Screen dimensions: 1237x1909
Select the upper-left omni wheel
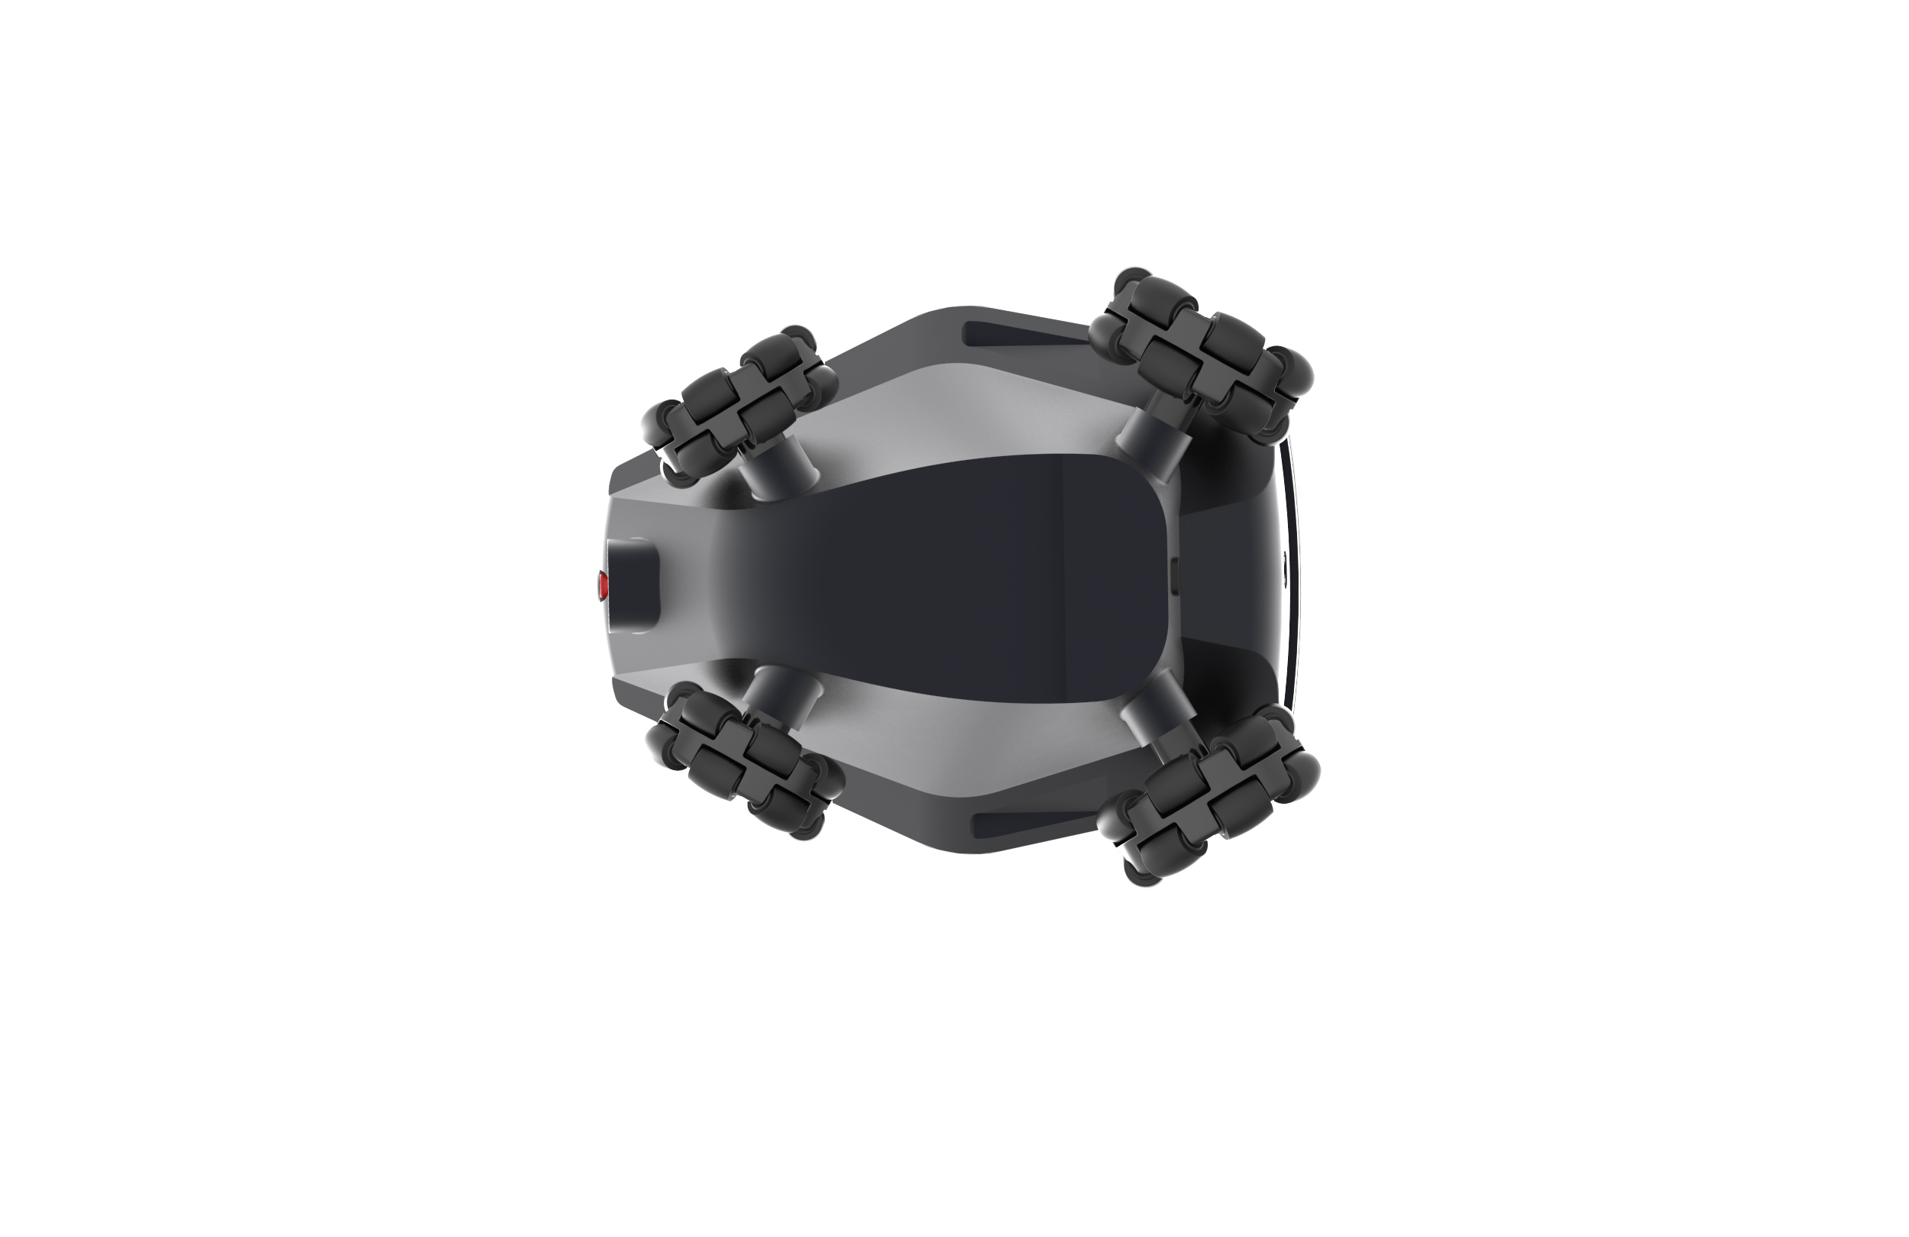click(742, 405)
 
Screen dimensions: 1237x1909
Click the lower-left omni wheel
click(746, 760)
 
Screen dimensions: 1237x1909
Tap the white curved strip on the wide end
click(1293, 578)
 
